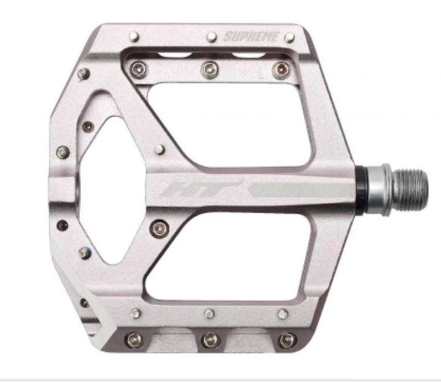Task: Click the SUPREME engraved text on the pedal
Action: point(251,36)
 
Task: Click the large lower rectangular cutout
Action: point(228,257)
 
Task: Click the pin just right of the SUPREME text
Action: point(289,37)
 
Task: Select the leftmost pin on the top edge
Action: point(134,37)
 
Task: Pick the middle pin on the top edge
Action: point(211,37)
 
